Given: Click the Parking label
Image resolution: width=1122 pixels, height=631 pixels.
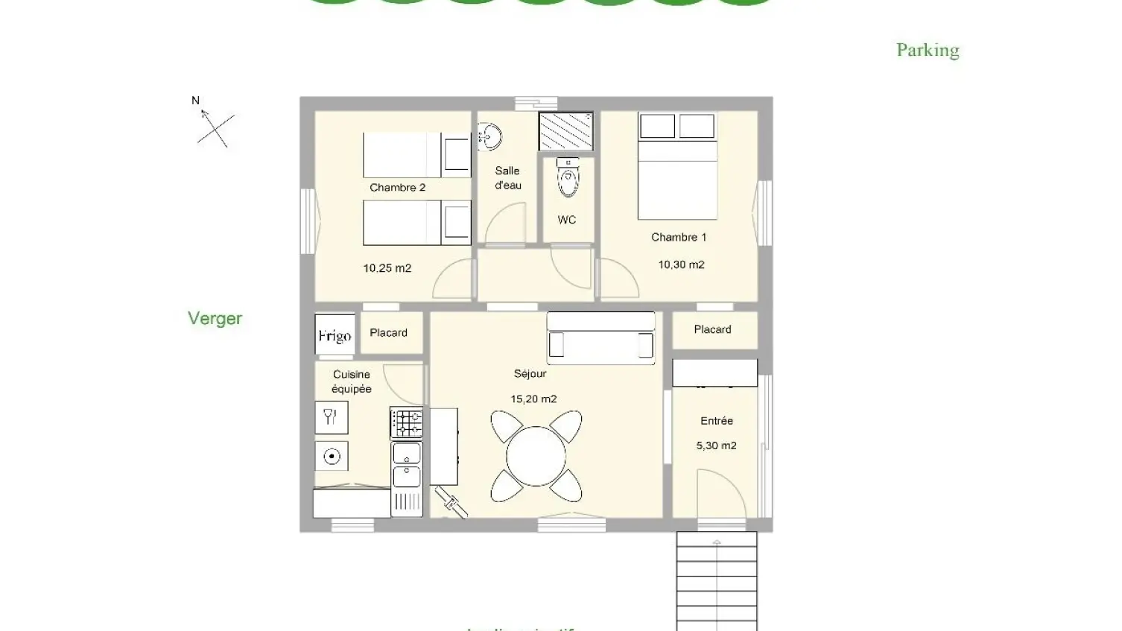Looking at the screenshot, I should (x=928, y=50).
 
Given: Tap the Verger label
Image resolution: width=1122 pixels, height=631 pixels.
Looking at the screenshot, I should (x=215, y=318).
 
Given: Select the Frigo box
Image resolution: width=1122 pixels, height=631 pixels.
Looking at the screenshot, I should (x=335, y=335).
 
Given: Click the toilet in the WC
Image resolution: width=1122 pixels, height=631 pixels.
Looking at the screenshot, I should (x=568, y=179).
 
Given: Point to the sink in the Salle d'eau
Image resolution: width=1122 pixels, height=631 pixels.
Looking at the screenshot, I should (x=490, y=137).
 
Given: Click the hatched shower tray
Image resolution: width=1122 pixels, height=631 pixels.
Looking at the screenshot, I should (x=565, y=131).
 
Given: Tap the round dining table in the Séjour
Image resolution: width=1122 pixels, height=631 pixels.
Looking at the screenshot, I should (x=536, y=455).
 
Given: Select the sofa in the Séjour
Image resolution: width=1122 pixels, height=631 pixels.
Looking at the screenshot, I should (x=600, y=338).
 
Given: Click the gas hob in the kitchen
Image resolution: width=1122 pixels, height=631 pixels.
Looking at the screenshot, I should (x=407, y=423).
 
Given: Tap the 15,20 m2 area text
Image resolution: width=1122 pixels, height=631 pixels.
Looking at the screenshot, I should (x=533, y=399).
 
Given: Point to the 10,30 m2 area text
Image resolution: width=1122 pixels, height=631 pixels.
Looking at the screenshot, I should (x=681, y=264).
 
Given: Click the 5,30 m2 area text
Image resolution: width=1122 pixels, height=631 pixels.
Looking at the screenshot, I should (x=716, y=445).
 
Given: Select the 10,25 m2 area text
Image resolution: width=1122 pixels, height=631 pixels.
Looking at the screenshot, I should (x=387, y=268).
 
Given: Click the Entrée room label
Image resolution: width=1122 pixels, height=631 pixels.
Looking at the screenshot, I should (x=716, y=421).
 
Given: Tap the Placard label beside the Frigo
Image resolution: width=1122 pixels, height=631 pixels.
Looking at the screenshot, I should (x=388, y=333).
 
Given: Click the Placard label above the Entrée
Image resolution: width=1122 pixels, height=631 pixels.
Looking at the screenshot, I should (x=712, y=329).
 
